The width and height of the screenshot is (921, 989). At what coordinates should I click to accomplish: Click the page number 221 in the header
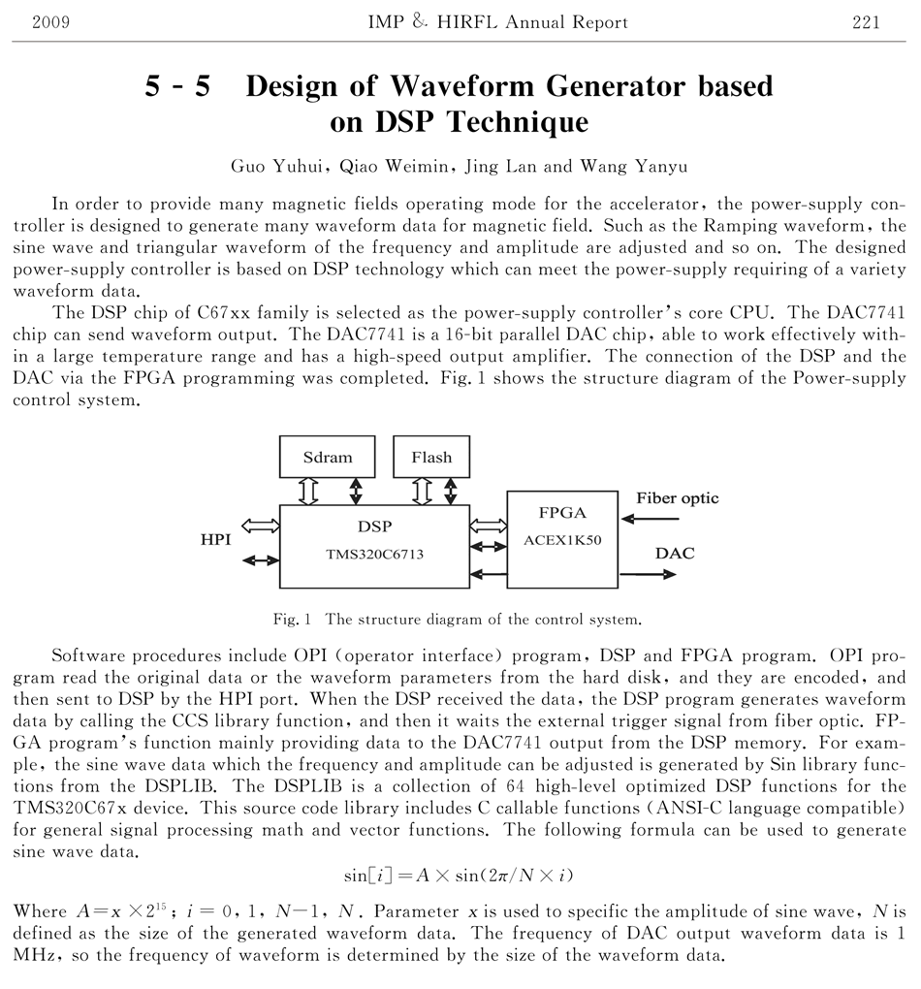[x=866, y=22]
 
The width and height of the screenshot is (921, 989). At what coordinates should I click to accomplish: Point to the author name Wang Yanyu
[x=634, y=166]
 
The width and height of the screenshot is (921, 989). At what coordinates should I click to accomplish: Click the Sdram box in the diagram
[x=328, y=457]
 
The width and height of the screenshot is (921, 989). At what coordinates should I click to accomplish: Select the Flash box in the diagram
[x=431, y=457]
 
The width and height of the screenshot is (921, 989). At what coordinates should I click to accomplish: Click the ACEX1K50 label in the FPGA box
[x=562, y=540]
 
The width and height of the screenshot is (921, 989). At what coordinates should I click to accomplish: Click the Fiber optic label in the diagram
[x=678, y=498]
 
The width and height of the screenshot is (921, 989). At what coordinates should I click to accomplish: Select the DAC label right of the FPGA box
[x=675, y=554]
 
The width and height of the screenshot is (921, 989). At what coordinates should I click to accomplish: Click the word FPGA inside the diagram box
[x=561, y=512]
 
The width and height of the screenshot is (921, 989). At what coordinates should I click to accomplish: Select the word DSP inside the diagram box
[x=374, y=526]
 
